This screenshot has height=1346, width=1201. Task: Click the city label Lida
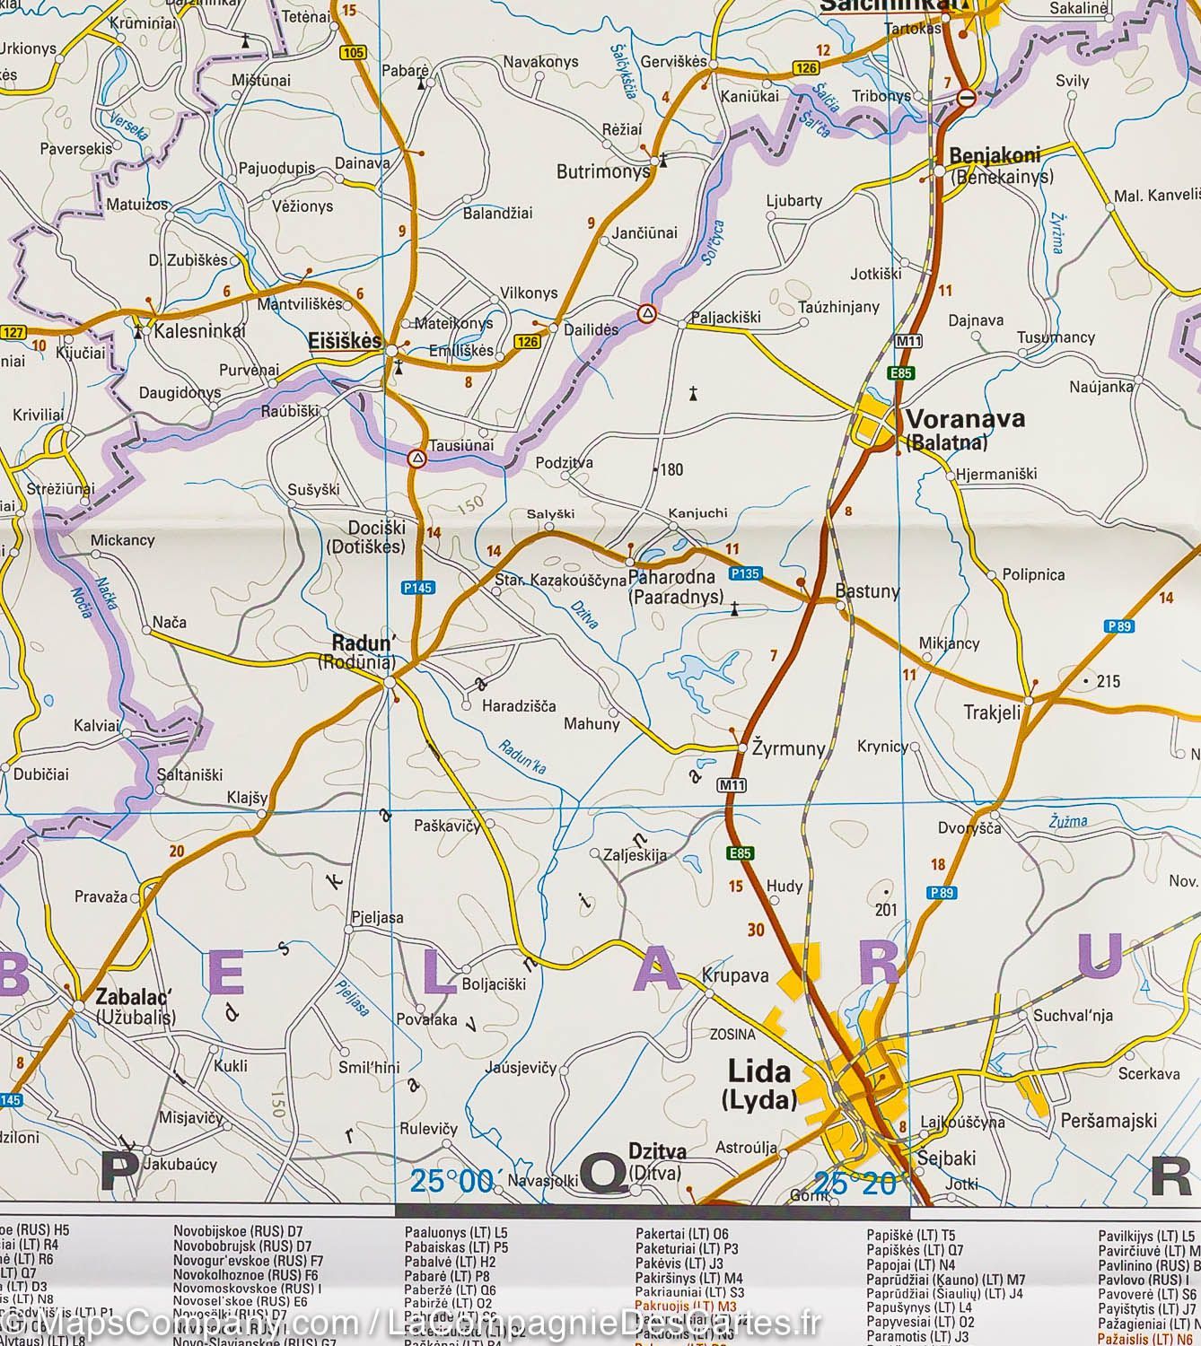[758, 1071]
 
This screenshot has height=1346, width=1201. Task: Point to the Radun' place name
[364, 642]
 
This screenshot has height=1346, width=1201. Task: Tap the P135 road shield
[746, 573]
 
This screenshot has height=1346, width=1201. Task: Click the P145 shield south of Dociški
[417, 588]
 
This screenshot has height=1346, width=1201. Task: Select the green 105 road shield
[354, 53]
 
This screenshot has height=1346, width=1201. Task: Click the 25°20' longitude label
[855, 1184]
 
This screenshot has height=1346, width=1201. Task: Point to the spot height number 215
[1108, 682]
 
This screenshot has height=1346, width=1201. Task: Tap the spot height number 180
[671, 469]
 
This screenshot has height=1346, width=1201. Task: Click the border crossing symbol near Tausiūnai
[416, 459]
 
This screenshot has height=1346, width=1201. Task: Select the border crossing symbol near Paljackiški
[646, 313]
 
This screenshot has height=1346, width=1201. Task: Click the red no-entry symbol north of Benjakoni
[967, 98]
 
